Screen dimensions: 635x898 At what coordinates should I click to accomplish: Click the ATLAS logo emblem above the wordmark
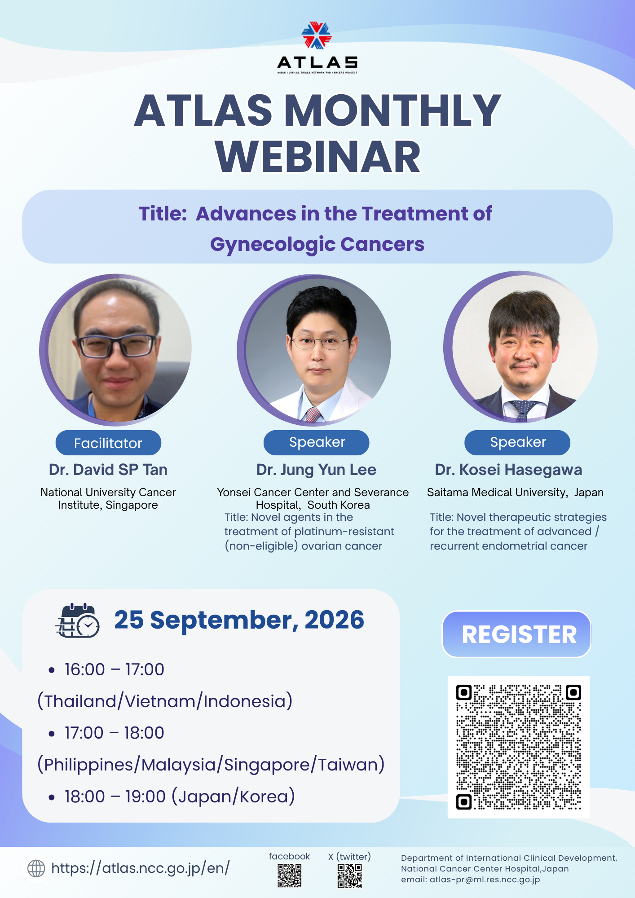coord(317,35)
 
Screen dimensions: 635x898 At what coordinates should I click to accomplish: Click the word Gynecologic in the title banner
coord(273,245)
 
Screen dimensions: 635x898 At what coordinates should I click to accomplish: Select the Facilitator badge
coord(108,443)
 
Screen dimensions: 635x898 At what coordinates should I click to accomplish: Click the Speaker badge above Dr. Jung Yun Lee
coord(317,442)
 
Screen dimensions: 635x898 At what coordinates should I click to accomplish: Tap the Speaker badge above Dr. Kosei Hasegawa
coord(517,442)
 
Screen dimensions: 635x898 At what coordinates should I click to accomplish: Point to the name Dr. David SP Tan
coord(108,470)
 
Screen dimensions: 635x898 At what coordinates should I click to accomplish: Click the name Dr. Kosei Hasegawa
coord(508,470)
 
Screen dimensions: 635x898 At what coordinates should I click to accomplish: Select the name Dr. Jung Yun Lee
coord(316,470)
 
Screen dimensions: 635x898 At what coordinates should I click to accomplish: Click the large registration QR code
coord(519,747)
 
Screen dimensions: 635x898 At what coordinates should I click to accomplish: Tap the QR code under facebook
coord(289,876)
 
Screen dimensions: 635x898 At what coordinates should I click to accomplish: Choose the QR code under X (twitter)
coord(349,876)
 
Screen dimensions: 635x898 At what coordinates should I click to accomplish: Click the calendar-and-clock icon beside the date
coord(77,621)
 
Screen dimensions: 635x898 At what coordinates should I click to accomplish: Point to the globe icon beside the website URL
coord(36,868)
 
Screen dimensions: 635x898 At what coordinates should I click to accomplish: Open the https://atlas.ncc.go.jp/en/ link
coord(141,868)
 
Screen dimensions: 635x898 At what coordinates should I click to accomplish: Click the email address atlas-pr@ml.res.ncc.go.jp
coord(485,880)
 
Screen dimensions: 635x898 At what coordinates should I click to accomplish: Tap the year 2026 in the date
coord(335,620)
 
